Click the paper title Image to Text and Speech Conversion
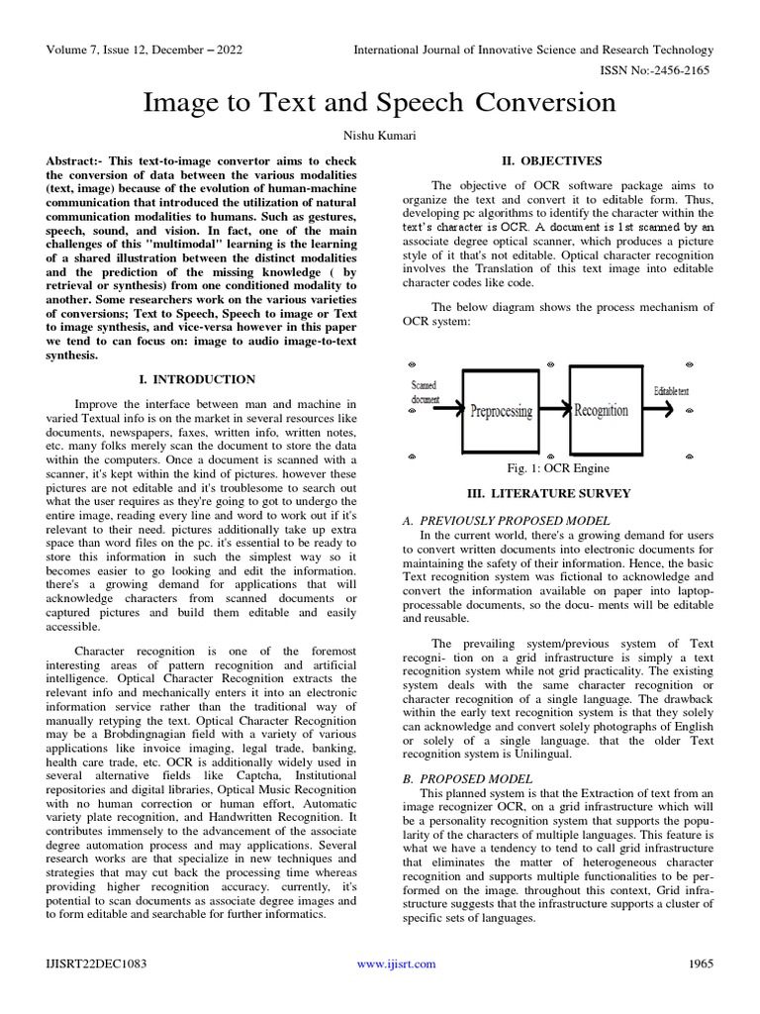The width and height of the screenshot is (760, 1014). pyautogui.click(x=380, y=102)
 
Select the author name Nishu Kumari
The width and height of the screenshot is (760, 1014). pyautogui.click(x=380, y=135)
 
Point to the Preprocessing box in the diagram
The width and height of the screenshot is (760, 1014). pyautogui.click(x=501, y=410)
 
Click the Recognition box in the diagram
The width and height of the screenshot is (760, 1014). pyautogui.click(x=601, y=409)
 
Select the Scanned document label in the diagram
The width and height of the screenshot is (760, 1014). pyautogui.click(x=425, y=392)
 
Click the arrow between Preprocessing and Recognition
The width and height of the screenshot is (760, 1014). pyautogui.click(x=554, y=408)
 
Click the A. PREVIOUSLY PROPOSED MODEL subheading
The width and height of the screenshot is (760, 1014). pyautogui.click(x=506, y=520)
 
